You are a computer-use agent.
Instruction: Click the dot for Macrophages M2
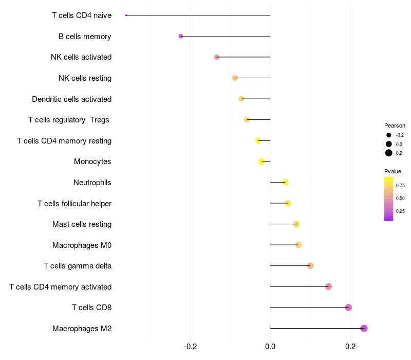click(364, 328)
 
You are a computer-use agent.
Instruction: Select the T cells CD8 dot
click(348, 308)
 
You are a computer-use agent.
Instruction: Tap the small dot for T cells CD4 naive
click(126, 15)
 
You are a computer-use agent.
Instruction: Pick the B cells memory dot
click(181, 36)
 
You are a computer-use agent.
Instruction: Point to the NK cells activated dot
click(217, 57)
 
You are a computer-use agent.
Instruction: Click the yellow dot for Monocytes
click(261, 161)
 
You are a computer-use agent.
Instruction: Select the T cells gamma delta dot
click(310, 265)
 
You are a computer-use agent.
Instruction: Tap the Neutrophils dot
click(285, 182)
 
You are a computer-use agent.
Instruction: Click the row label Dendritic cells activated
click(71, 99)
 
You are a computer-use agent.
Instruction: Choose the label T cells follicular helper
click(74, 203)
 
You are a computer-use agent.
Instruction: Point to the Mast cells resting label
click(82, 224)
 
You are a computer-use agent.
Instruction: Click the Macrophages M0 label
click(82, 245)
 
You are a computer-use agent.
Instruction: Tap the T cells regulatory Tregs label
click(69, 120)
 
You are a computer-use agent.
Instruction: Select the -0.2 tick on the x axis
click(190, 347)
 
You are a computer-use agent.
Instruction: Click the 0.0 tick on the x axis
click(270, 347)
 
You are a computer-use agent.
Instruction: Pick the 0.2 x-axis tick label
click(350, 347)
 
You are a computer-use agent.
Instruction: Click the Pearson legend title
click(395, 125)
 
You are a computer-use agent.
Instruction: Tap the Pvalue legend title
click(393, 171)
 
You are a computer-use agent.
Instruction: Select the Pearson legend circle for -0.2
click(389, 135)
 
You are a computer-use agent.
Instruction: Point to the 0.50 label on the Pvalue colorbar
click(400, 198)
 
